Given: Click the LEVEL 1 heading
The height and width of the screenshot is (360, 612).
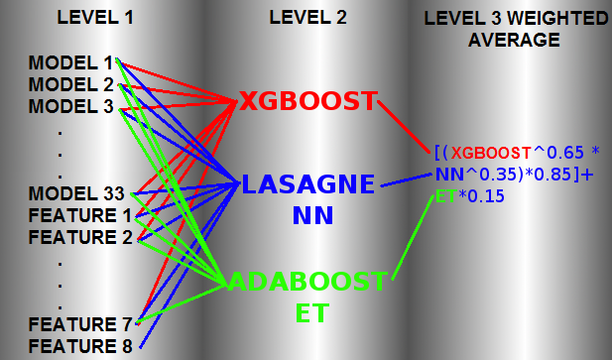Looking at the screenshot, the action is [x=95, y=18].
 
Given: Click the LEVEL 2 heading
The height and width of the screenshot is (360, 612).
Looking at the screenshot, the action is [x=307, y=18].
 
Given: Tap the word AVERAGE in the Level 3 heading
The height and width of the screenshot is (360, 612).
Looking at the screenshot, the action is [x=514, y=40].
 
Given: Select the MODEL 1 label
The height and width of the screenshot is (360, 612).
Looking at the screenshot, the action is [x=70, y=63].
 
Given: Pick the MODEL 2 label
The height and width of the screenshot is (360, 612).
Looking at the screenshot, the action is [x=71, y=85].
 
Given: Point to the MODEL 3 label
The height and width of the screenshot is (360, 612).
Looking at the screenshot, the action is [x=71, y=106].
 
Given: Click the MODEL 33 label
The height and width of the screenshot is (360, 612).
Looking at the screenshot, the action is [x=76, y=193].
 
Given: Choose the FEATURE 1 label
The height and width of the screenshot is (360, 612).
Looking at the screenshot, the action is [x=80, y=215].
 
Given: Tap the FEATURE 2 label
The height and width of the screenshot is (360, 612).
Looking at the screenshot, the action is [x=80, y=237].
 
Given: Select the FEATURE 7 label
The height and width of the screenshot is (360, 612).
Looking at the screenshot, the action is [x=80, y=324].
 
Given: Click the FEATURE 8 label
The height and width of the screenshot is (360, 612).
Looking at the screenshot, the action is [x=80, y=346].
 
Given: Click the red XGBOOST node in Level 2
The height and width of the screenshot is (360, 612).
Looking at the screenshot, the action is [x=308, y=101].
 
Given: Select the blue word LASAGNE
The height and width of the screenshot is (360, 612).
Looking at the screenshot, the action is [x=308, y=184].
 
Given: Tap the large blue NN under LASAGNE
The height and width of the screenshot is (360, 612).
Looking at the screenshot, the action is [x=313, y=215].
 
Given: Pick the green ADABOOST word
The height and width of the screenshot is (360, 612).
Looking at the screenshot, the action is [x=307, y=282].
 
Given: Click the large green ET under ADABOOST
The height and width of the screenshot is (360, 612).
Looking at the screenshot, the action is [x=312, y=312].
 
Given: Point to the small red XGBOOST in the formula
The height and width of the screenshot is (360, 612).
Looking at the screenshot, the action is [x=491, y=153].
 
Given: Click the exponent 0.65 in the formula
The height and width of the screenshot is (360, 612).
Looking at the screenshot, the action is [x=564, y=153].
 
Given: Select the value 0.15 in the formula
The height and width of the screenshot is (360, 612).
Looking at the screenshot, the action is [x=486, y=196].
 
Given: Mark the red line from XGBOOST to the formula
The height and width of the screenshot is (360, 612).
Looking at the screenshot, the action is [x=404, y=127].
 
